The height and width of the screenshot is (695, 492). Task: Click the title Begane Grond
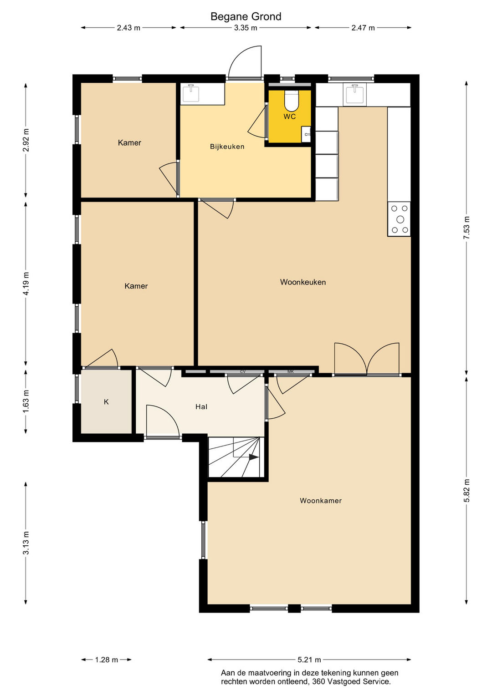click(x=246, y=16)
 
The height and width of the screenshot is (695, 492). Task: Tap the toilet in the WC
click(x=292, y=101)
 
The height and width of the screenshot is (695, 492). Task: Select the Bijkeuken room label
click(x=227, y=147)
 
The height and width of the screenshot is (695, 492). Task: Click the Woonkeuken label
click(x=303, y=282)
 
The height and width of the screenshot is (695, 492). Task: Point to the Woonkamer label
click(x=321, y=501)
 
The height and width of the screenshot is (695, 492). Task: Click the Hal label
click(x=201, y=406)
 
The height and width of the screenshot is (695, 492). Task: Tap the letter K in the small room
click(x=106, y=402)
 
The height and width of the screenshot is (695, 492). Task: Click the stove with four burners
click(x=399, y=219)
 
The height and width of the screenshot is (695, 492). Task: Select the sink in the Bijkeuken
click(x=190, y=93)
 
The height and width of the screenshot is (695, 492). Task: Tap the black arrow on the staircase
click(x=253, y=457)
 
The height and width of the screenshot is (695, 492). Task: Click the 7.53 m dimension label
click(x=466, y=228)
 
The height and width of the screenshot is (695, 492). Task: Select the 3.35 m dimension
click(x=246, y=28)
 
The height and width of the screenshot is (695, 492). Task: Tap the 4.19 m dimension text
click(x=26, y=284)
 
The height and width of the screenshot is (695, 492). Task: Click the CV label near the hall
click(x=242, y=371)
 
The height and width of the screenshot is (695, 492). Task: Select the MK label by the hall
click(x=291, y=371)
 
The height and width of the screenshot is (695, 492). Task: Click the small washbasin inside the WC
click(x=306, y=134)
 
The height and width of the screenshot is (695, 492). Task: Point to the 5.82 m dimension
click(x=466, y=491)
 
